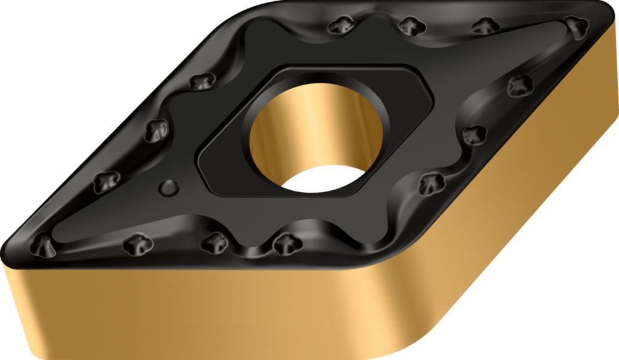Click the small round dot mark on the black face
(x=169, y=188)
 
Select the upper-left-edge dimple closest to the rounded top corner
(x=202, y=81)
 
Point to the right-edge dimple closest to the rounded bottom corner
(x=430, y=182)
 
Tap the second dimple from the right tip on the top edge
(x=485, y=25)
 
